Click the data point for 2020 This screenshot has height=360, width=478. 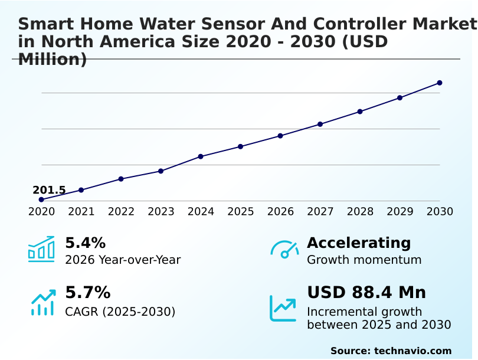coord(41,199)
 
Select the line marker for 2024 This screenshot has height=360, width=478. coord(201,156)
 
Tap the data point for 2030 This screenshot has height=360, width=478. coord(440,83)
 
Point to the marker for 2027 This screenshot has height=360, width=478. coord(320,124)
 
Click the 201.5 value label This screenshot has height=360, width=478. coord(49,190)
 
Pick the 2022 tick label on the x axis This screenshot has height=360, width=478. coord(121,211)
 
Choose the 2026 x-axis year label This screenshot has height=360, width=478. coord(280,211)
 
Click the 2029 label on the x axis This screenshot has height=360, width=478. coord(400,211)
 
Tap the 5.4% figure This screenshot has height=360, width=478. coord(85,243)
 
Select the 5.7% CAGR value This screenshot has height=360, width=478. coord(87,293)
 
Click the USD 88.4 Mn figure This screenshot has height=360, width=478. coord(366,293)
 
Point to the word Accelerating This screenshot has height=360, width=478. coord(359,243)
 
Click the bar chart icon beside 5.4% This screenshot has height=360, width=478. coord(41,249)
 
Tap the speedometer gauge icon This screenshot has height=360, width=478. coord(284,249)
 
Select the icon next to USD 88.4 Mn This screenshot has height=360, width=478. coord(283,308)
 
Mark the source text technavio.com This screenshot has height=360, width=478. coord(412,351)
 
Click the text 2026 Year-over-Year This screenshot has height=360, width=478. coord(123,260)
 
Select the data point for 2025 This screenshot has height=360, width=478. coord(240,146)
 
